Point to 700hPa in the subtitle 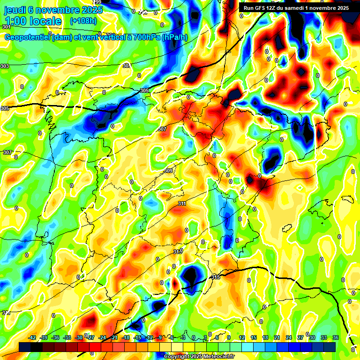147,38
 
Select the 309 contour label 168,171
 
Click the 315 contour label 216,277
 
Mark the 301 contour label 7,27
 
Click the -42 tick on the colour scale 32,338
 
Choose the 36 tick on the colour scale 336,338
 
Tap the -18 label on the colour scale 126,338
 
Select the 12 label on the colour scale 242,338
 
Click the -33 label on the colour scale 67,338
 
